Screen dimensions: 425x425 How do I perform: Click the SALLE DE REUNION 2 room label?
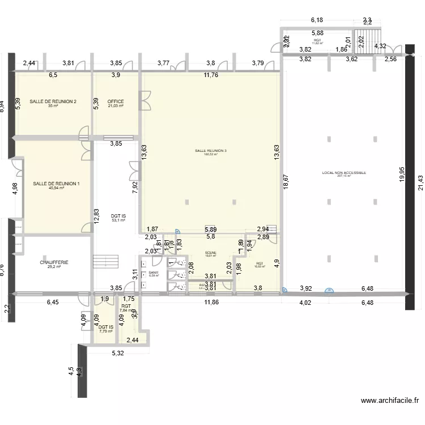pos(53,101)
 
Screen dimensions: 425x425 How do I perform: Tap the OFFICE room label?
pos(116,102)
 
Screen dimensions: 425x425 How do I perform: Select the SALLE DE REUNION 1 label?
pos(56,184)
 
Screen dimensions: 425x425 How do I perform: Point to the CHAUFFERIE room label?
pos(54,262)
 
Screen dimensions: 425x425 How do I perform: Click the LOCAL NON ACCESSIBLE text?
pos(344,172)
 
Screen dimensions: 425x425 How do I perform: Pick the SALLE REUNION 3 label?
pos(210,150)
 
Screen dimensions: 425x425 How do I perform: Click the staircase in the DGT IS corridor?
pos(104,262)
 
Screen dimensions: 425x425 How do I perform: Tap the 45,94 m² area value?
pos(56,188)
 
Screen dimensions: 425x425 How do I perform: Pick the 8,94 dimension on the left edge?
pos(3,107)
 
